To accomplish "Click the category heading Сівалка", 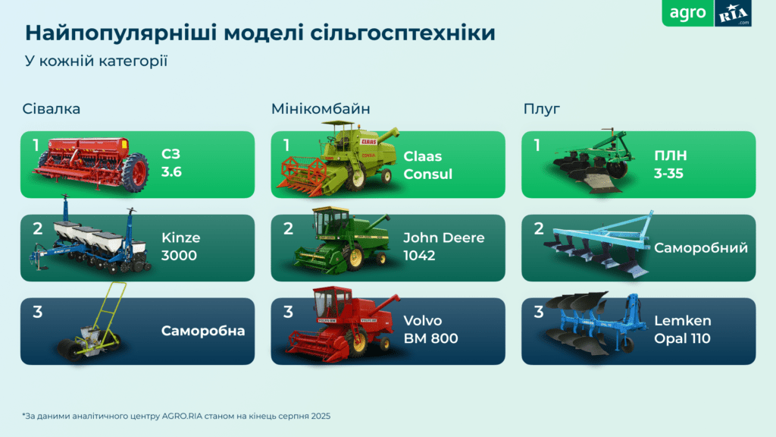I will tap(52, 108).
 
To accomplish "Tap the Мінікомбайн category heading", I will tap(321, 108).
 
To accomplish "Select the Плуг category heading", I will tap(541, 108).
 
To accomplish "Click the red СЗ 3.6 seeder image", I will tap(91, 162).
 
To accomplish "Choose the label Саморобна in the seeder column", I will tap(203, 331).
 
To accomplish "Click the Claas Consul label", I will tap(427, 165).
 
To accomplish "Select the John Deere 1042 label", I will tap(443, 247).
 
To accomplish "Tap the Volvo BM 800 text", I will tap(430, 329).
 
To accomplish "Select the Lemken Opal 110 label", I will tap(683, 329).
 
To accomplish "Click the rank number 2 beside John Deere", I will tap(288, 228).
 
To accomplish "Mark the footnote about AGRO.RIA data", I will tap(177, 416).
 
